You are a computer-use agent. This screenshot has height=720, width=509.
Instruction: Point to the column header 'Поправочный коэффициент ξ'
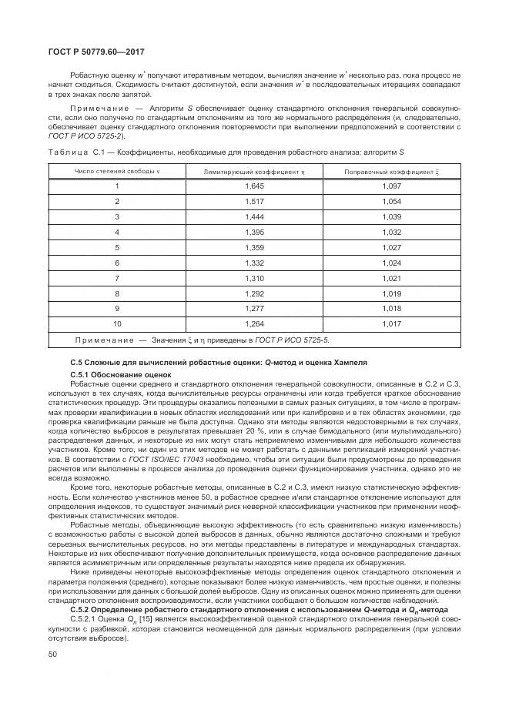(392, 171)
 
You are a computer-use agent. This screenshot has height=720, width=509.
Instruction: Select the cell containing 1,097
(392, 186)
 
